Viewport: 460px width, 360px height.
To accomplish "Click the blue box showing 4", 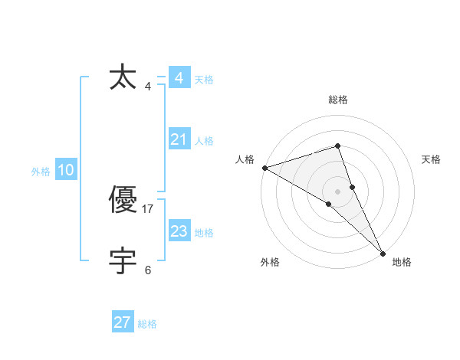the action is pyautogui.click(x=179, y=78).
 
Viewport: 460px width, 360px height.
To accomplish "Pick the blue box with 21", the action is pyautogui.click(x=179, y=139).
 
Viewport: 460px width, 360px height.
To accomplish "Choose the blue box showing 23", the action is pyautogui.click(x=179, y=231).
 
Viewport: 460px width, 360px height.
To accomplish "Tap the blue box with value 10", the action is pyautogui.click(x=66, y=170).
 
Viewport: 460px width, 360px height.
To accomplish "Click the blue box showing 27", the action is pyautogui.click(x=123, y=322).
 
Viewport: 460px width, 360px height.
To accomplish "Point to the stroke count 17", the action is pyautogui.click(x=148, y=209).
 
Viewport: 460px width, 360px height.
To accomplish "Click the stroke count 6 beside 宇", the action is pyautogui.click(x=148, y=270).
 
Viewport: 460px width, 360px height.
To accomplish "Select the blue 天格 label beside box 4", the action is pyautogui.click(x=204, y=80).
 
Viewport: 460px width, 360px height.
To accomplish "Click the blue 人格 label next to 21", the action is pyautogui.click(x=204, y=141).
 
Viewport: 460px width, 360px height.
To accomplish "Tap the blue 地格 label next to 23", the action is pyautogui.click(x=204, y=233).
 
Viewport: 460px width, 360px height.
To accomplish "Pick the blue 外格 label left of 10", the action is pyautogui.click(x=41, y=172).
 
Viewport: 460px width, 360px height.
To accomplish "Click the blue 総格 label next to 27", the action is pyautogui.click(x=147, y=324).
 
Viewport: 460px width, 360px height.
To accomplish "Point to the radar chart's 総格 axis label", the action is pyautogui.click(x=338, y=100).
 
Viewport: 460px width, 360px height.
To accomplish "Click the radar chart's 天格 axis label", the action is pyautogui.click(x=432, y=159).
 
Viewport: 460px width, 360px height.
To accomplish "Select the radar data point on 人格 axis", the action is pyautogui.click(x=264, y=167).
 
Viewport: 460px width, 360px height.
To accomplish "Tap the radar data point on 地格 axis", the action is pyautogui.click(x=383, y=253).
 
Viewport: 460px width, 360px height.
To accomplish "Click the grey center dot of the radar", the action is pyautogui.click(x=338, y=191).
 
